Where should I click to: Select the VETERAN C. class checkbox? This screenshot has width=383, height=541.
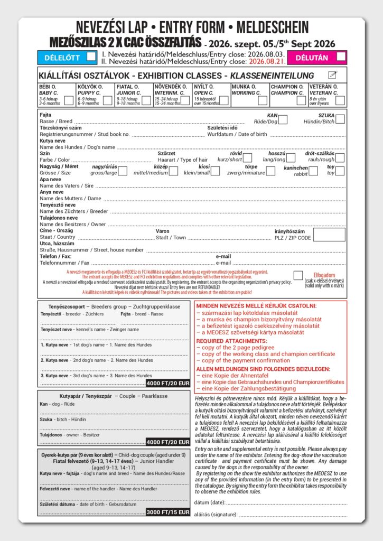click(340, 100)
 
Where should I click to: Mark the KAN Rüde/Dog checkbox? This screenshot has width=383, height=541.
click(283, 119)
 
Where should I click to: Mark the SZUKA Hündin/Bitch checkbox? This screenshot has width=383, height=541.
click(340, 119)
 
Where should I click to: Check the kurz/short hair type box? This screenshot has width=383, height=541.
click(247, 157)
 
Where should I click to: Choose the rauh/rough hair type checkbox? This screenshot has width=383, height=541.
click(340, 157)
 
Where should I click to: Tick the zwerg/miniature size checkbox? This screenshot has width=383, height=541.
click(270, 171)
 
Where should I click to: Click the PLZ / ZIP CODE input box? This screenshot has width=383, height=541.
click(329, 235)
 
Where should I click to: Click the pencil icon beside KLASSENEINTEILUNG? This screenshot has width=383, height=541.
click(332, 75)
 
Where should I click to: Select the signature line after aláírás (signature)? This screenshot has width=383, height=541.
click(293, 514)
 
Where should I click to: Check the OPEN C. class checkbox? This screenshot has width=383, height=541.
click(224, 100)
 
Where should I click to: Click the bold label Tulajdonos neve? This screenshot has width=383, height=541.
click(59, 218)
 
